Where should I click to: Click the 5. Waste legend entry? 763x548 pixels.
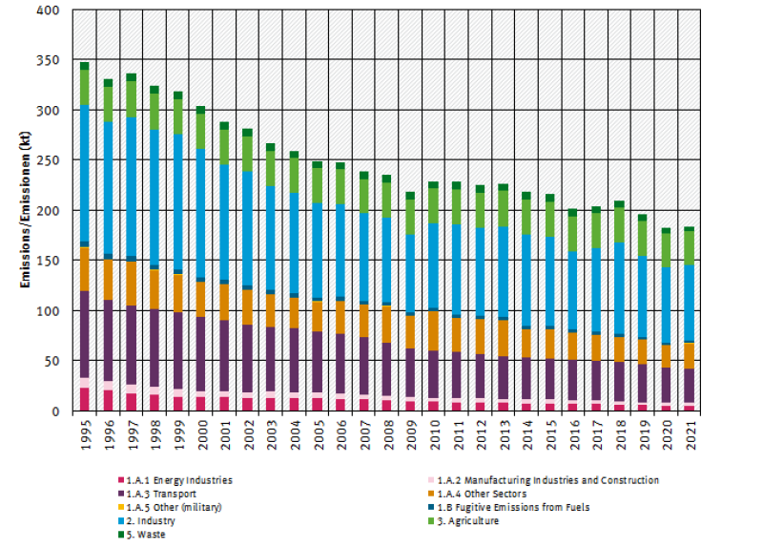click(x=153, y=534)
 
